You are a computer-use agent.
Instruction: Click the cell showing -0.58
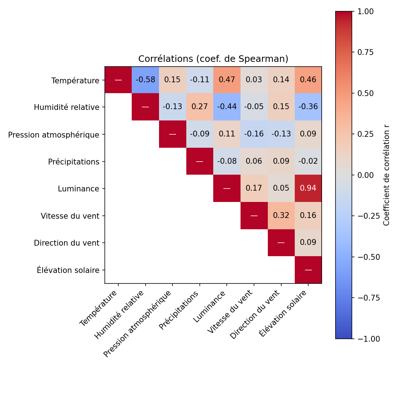(145, 80)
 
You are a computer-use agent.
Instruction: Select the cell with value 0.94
(308, 188)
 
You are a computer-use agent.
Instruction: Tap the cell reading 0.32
(281, 215)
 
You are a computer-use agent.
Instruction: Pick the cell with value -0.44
(227, 107)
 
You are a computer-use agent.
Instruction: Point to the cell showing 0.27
(199, 107)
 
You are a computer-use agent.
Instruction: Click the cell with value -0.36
(308, 107)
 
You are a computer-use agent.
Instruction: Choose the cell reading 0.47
(227, 80)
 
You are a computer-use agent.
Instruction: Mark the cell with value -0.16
(254, 134)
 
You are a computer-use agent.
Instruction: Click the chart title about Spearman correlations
(213, 59)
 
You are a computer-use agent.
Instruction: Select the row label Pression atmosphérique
(54, 135)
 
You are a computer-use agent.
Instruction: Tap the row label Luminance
(79, 189)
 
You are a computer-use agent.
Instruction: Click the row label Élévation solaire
(68, 270)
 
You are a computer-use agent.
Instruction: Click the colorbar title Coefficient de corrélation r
(386, 175)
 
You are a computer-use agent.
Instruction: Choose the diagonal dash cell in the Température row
(118, 80)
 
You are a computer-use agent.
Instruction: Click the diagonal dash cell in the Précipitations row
(199, 161)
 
